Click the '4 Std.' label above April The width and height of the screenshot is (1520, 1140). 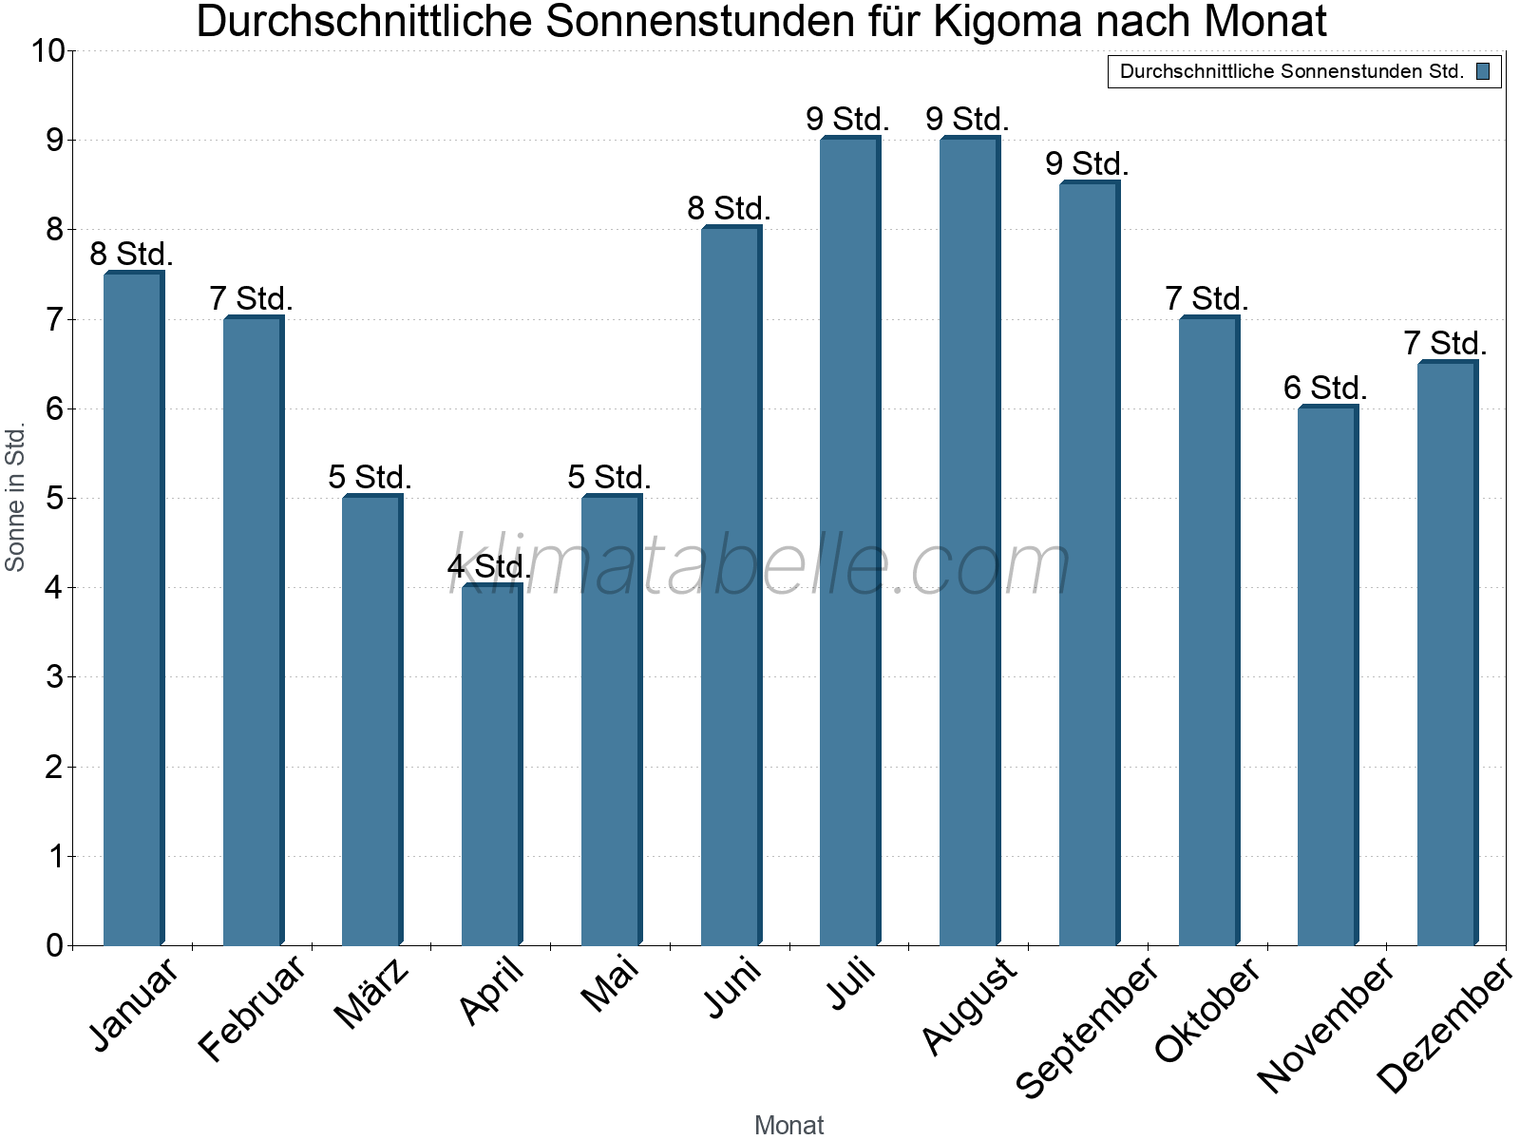tap(489, 567)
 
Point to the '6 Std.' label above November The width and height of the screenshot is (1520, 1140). tap(1325, 388)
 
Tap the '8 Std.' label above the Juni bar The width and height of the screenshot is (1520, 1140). tap(729, 208)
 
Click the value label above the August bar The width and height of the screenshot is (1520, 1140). tap(967, 120)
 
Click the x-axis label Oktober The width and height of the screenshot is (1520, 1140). tap(1207, 1009)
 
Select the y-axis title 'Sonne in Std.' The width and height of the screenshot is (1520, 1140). tap(15, 498)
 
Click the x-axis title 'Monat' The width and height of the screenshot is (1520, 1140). tap(788, 1125)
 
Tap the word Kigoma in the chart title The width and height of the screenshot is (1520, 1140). tap(1008, 22)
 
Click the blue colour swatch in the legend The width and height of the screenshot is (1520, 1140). tap(1483, 71)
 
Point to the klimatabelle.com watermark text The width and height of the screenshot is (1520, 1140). tap(760, 565)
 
